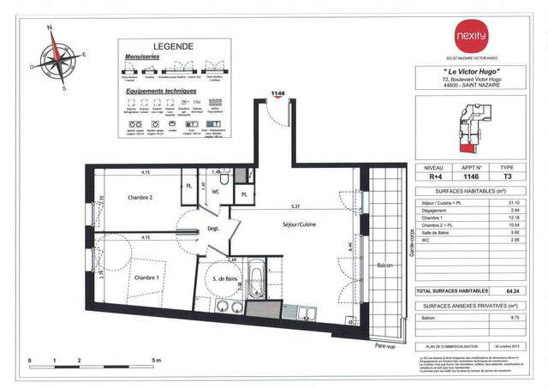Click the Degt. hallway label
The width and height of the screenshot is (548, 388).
click(x=213, y=229)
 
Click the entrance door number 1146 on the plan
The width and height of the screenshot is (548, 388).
click(x=277, y=92)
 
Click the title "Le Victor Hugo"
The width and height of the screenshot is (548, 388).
click(x=470, y=70)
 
